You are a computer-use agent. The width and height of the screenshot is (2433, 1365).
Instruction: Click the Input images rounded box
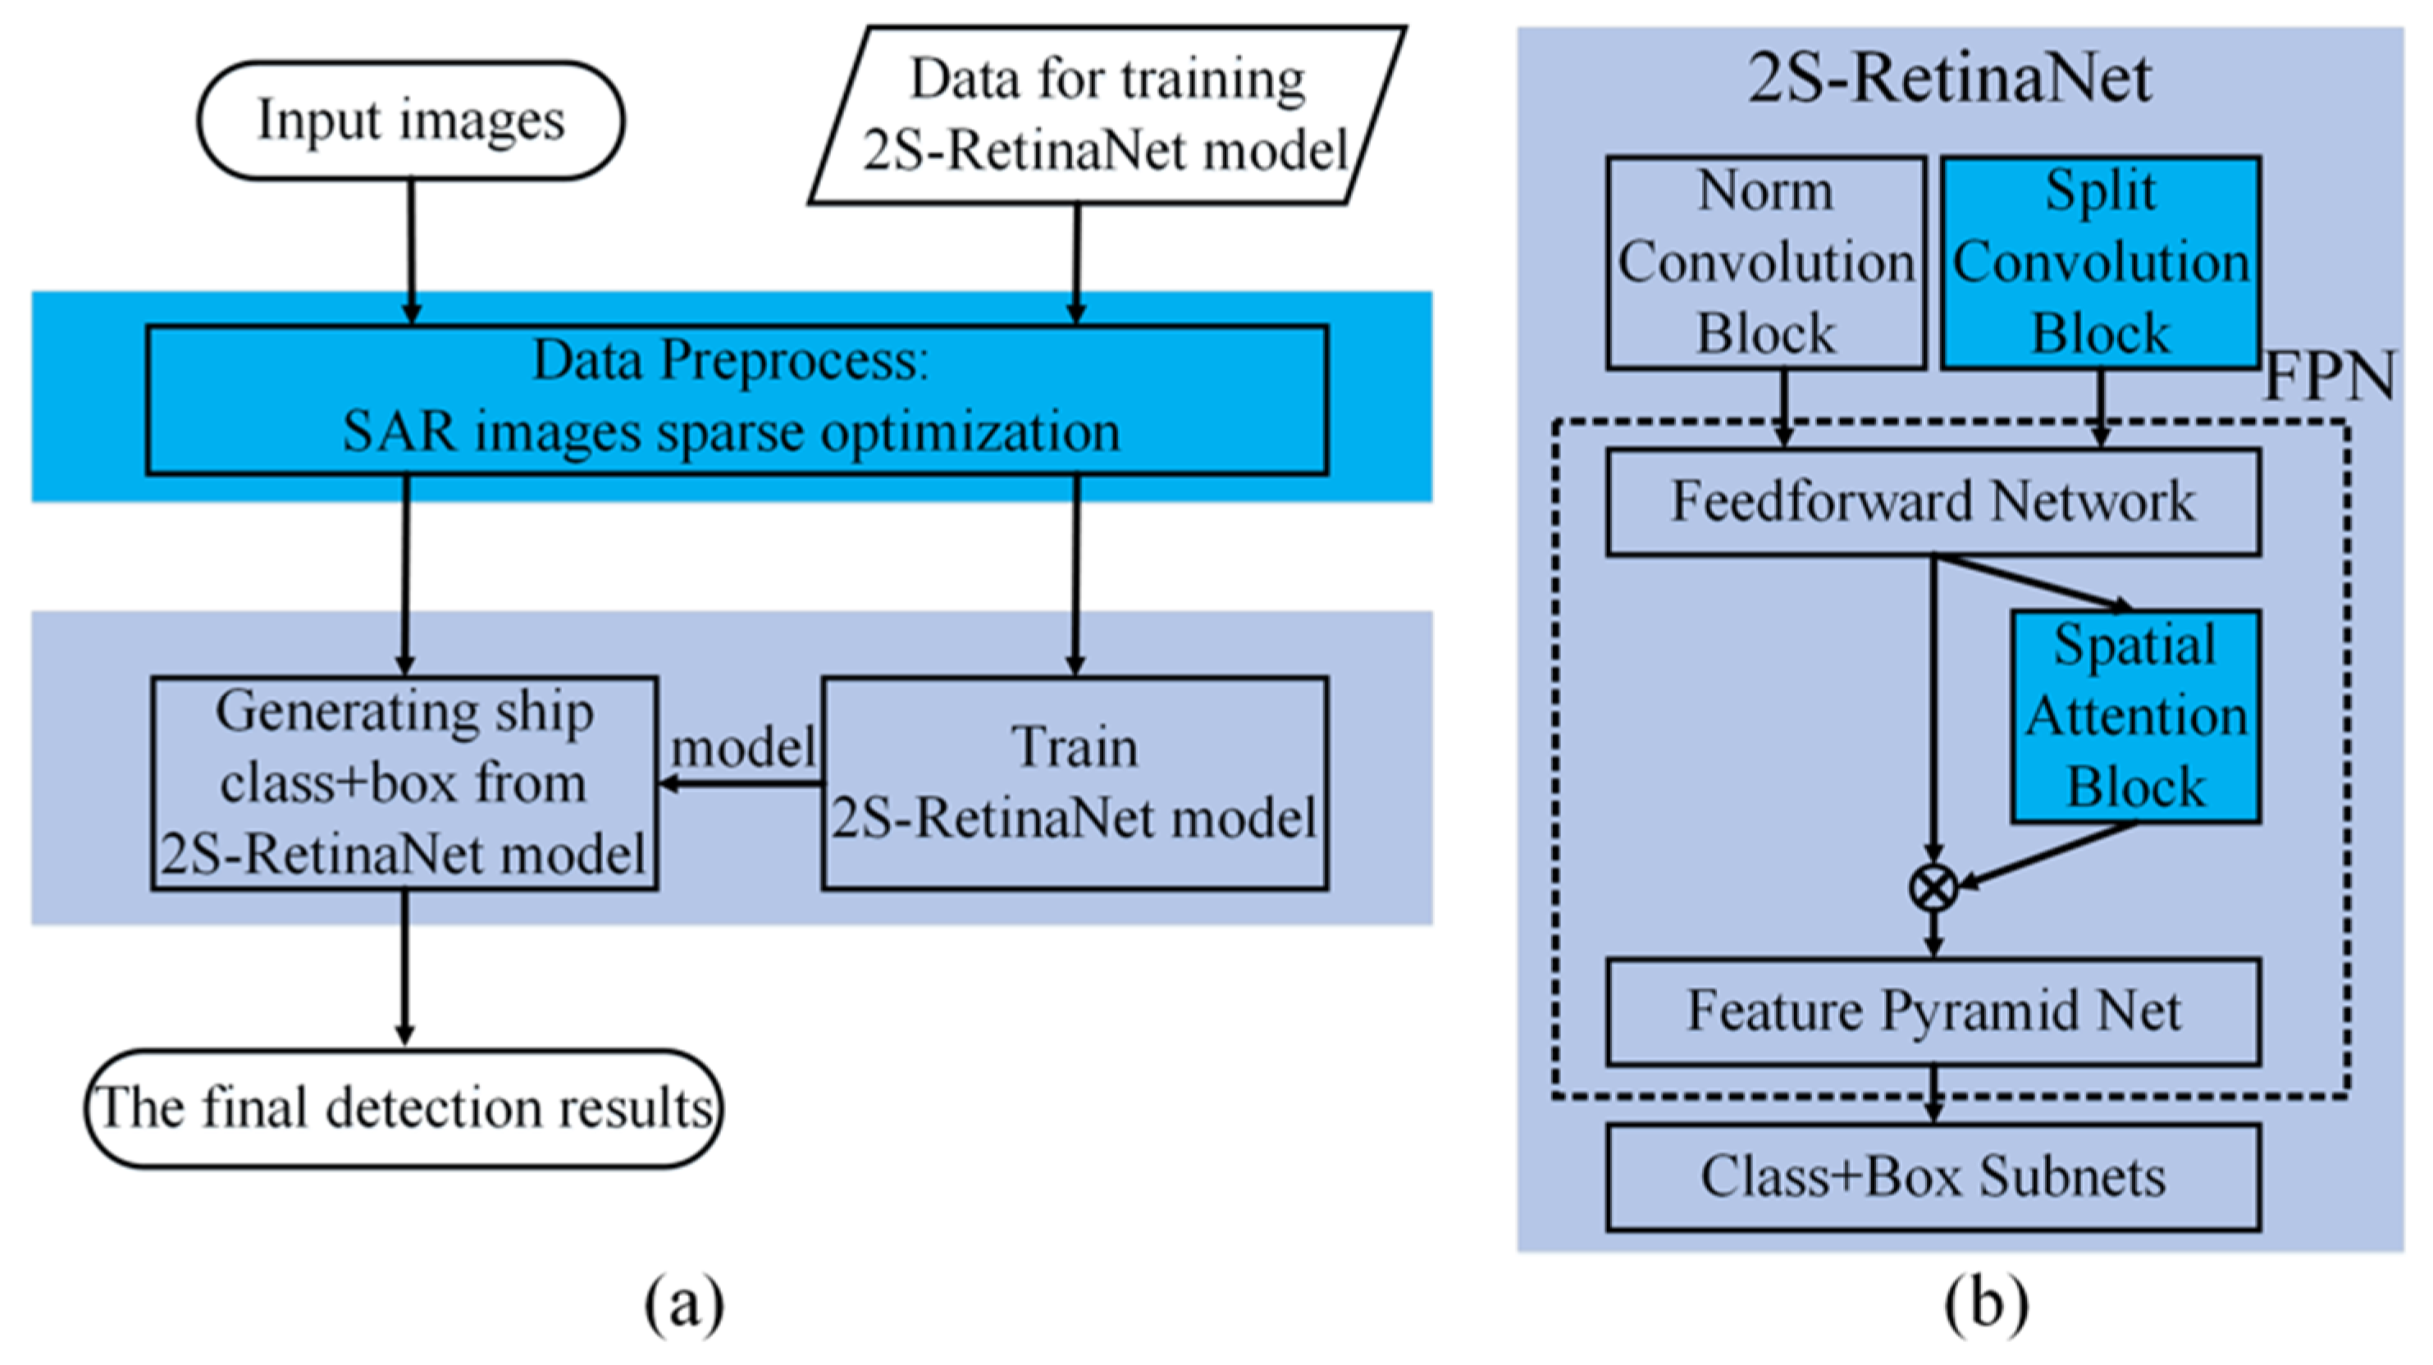pos(410,120)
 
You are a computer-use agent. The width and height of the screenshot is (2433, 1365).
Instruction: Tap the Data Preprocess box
pos(736,399)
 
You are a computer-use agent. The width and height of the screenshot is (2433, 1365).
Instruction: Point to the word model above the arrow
pos(743,747)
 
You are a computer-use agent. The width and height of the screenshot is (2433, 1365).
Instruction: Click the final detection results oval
pos(404,1108)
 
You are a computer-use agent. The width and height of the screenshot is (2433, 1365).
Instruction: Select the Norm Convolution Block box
pos(1765,262)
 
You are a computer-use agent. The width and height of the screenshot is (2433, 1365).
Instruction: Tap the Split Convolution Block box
pos(2101,262)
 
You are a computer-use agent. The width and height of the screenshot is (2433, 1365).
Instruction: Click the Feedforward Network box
pos(1933,501)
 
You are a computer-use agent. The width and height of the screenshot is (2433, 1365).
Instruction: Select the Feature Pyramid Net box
pos(1933,1011)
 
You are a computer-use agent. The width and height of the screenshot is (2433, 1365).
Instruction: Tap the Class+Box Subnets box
pos(1933,1177)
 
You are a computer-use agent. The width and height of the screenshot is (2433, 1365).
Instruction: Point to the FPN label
pos(2329,377)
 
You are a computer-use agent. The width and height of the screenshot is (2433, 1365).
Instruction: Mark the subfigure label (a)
pos(684,1304)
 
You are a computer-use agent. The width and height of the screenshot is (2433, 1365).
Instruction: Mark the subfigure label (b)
pos(1985,1304)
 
